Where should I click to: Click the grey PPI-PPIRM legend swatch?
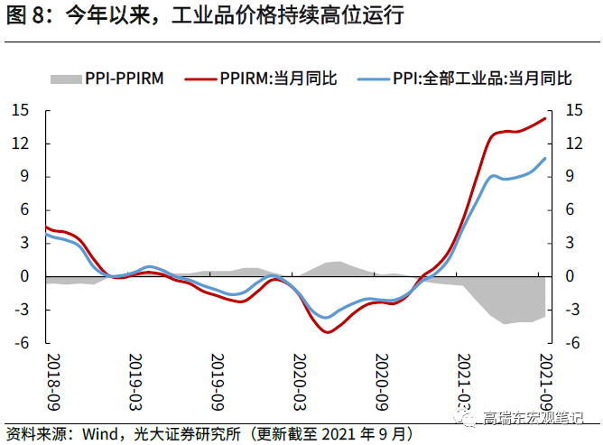point(65,79)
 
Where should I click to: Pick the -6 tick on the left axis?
point(23,343)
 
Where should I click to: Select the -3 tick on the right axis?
point(572,310)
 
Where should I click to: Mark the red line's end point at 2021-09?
point(545,118)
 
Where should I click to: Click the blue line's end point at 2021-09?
point(545,159)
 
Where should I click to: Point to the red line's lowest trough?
point(327,331)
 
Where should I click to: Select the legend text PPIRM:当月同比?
point(278,79)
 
